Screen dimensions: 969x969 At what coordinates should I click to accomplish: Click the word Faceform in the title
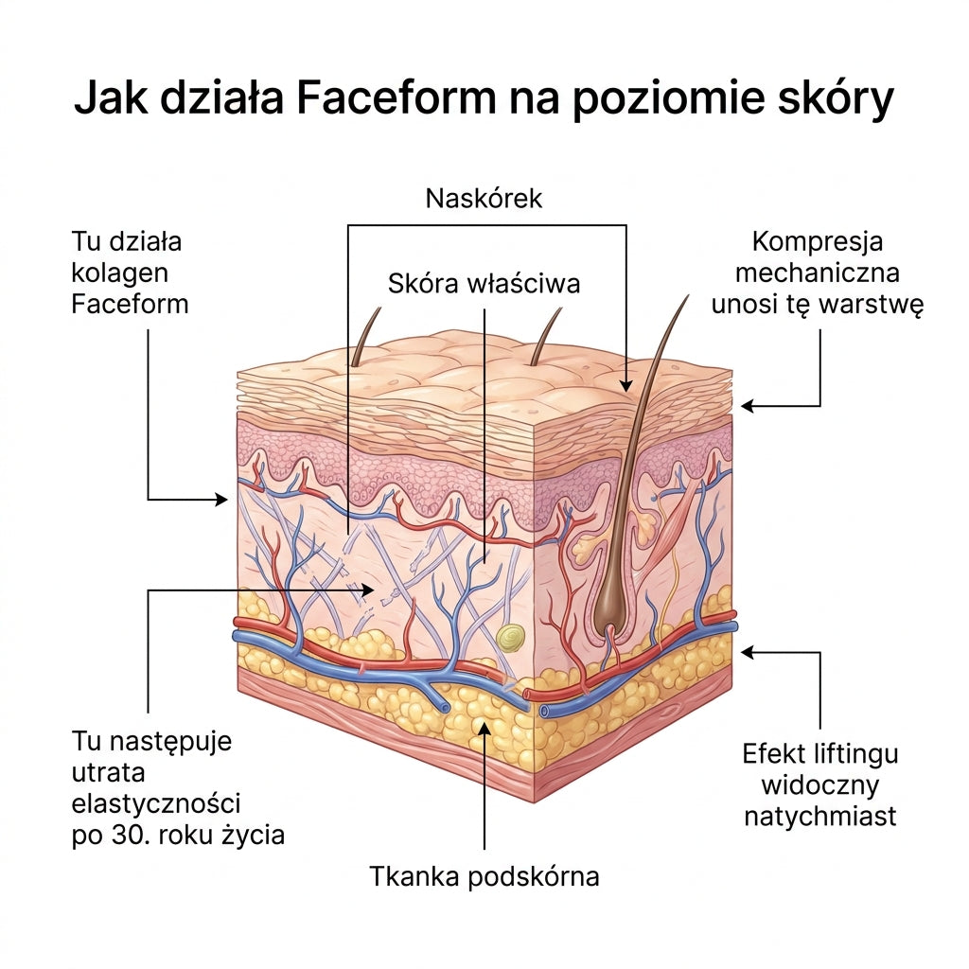coord(396,97)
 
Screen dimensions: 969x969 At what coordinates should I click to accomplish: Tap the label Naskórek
coord(484,199)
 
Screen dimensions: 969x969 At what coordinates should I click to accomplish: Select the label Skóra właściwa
coord(484,284)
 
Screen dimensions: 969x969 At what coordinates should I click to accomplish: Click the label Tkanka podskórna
coord(484,876)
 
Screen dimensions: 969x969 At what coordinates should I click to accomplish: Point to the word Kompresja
coord(817,242)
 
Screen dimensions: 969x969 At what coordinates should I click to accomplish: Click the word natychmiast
coord(820,817)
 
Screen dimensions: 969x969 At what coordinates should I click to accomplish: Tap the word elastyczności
coord(156,804)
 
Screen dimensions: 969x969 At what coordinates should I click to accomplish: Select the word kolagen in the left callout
coord(120,273)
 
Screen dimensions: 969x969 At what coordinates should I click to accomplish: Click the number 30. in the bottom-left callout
coord(129,836)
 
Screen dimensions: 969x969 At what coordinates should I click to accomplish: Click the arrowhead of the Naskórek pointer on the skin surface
coord(626,386)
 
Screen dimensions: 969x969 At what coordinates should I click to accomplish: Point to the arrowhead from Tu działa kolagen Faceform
coord(221,499)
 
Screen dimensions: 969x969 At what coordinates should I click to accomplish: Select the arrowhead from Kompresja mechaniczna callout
coord(748,406)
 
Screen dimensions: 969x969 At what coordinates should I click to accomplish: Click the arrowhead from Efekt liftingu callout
coord(748,652)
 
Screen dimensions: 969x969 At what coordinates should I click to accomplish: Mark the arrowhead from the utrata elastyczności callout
coord(367,590)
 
